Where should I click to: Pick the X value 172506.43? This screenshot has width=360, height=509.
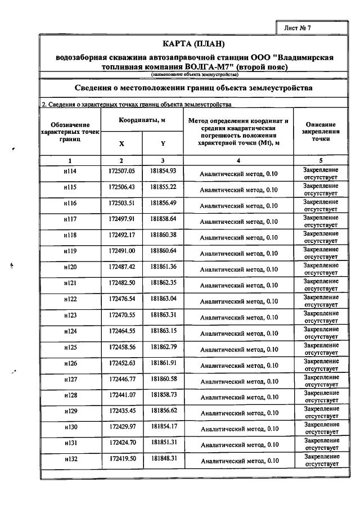point(122,187)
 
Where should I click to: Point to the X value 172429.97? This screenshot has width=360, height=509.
point(122,426)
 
